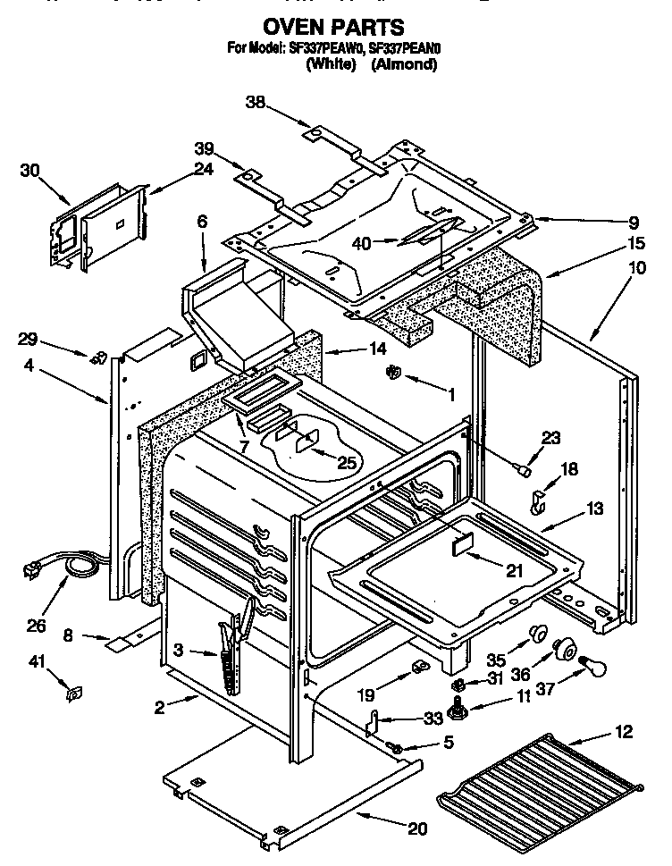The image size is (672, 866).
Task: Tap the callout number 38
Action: point(256,104)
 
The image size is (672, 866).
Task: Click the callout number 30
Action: point(30,171)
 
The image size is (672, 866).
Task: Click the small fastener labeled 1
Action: point(392,374)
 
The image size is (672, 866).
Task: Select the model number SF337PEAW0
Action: point(323,48)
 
